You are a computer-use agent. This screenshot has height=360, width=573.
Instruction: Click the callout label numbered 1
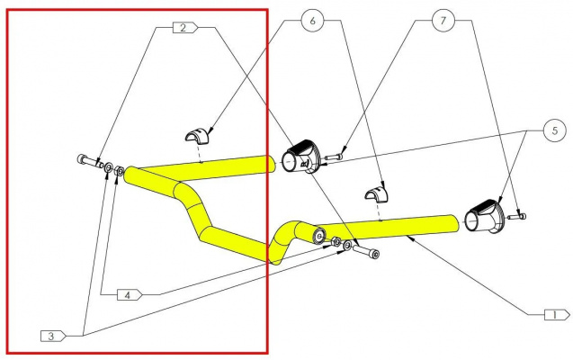pos(557,315)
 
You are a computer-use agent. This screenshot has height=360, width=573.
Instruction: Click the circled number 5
pos(555,130)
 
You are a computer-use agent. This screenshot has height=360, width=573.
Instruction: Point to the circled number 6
pos(312,21)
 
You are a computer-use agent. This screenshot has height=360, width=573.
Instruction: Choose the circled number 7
pos(443,21)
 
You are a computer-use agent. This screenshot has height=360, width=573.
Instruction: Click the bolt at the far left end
pos(90,161)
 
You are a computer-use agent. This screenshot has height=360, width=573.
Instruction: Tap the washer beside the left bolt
pos(109,167)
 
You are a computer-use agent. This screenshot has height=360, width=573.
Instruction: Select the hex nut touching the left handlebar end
pos(119,170)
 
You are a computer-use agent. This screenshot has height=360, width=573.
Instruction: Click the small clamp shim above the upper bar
pos(198,136)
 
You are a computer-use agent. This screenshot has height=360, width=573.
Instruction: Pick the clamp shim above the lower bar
pos(377,193)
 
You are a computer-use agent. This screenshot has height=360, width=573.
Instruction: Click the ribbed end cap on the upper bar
pos(300,157)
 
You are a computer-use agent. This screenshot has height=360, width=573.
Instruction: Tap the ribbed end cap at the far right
pos(484,217)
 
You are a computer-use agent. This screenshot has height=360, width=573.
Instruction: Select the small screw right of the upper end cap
pos(333,157)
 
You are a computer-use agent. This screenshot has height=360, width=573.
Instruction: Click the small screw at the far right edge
pos(516,217)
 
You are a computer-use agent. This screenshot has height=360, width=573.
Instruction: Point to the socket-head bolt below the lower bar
pos(366,251)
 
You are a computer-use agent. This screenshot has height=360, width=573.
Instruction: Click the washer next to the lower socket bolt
pos(347,246)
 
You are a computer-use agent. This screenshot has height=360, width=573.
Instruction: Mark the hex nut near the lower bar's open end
pos(336,241)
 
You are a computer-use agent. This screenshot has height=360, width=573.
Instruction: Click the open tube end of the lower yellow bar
pos(319,237)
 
